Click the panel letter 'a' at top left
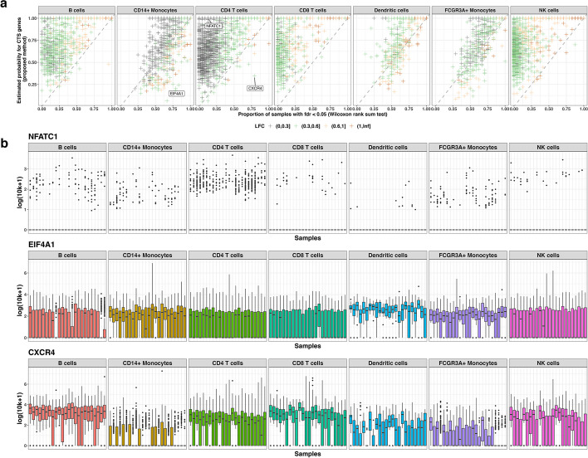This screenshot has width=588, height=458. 4,5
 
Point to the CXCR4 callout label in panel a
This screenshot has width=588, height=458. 254,87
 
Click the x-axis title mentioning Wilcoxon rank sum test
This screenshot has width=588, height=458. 309,115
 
